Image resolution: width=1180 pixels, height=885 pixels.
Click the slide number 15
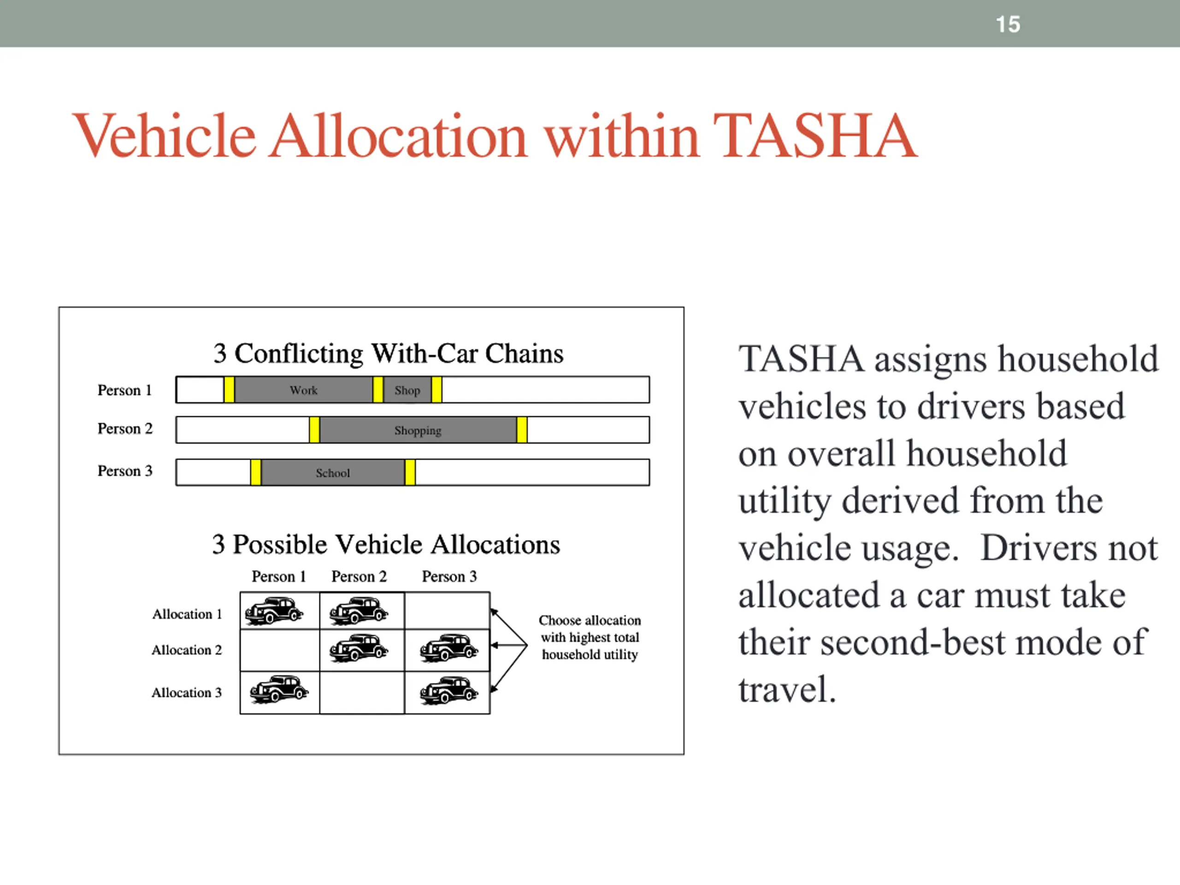point(1007,24)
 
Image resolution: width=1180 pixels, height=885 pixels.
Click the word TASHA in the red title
point(814,136)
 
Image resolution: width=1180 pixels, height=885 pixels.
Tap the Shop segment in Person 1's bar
point(407,390)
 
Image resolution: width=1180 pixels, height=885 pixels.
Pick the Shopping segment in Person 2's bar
point(418,431)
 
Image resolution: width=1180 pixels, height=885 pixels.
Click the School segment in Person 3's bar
point(332,472)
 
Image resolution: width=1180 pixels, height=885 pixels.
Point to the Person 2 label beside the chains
point(125,429)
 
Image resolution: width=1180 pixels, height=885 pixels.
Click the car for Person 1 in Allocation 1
point(274,611)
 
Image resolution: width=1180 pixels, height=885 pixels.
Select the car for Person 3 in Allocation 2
point(448,649)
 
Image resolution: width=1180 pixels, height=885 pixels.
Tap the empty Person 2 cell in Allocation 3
point(362,692)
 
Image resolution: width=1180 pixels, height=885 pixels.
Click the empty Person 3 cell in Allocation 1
point(447,611)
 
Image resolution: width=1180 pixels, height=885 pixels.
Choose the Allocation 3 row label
point(186,692)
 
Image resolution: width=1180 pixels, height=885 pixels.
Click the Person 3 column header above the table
point(449,577)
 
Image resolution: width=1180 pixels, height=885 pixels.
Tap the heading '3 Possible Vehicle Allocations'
point(386,545)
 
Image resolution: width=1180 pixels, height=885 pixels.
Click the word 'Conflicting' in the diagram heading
point(299,354)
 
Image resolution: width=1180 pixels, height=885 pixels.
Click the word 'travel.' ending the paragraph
point(786,690)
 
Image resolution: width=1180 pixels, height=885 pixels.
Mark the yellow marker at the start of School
point(255,472)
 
